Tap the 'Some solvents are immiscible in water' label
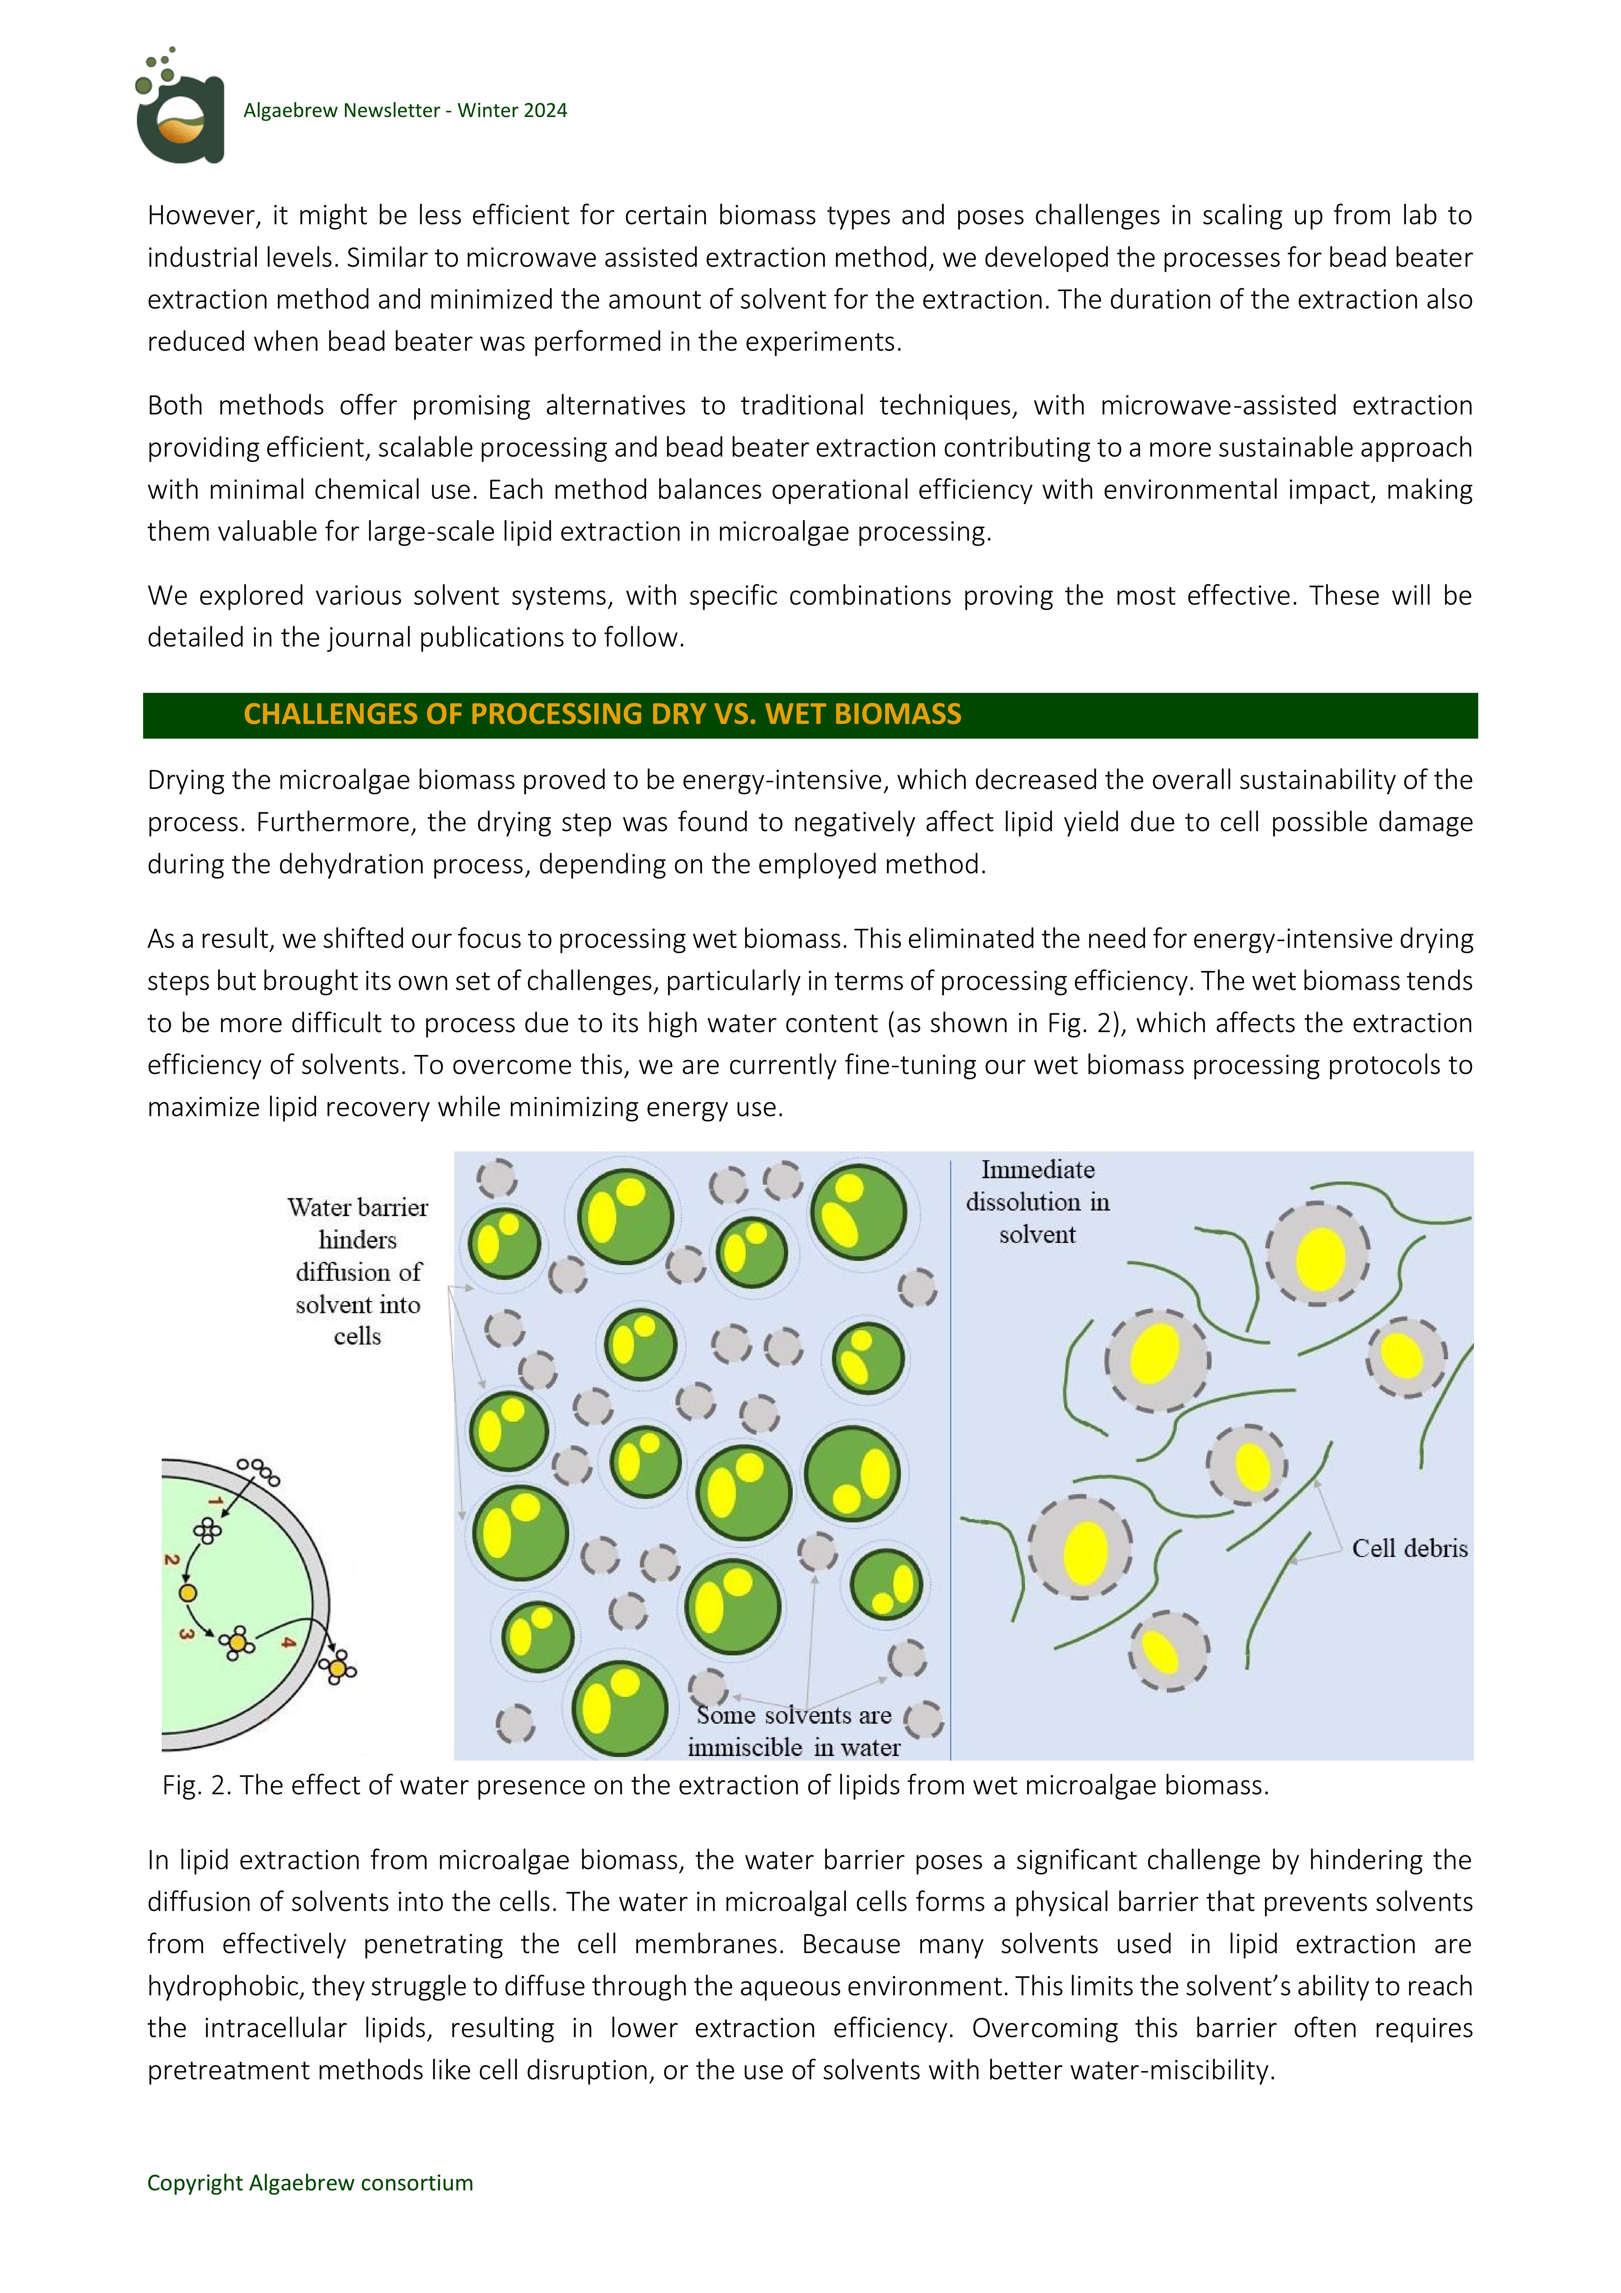(x=794, y=1731)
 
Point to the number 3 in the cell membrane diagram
(x=186, y=1634)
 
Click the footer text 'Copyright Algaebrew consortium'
(x=310, y=2183)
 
